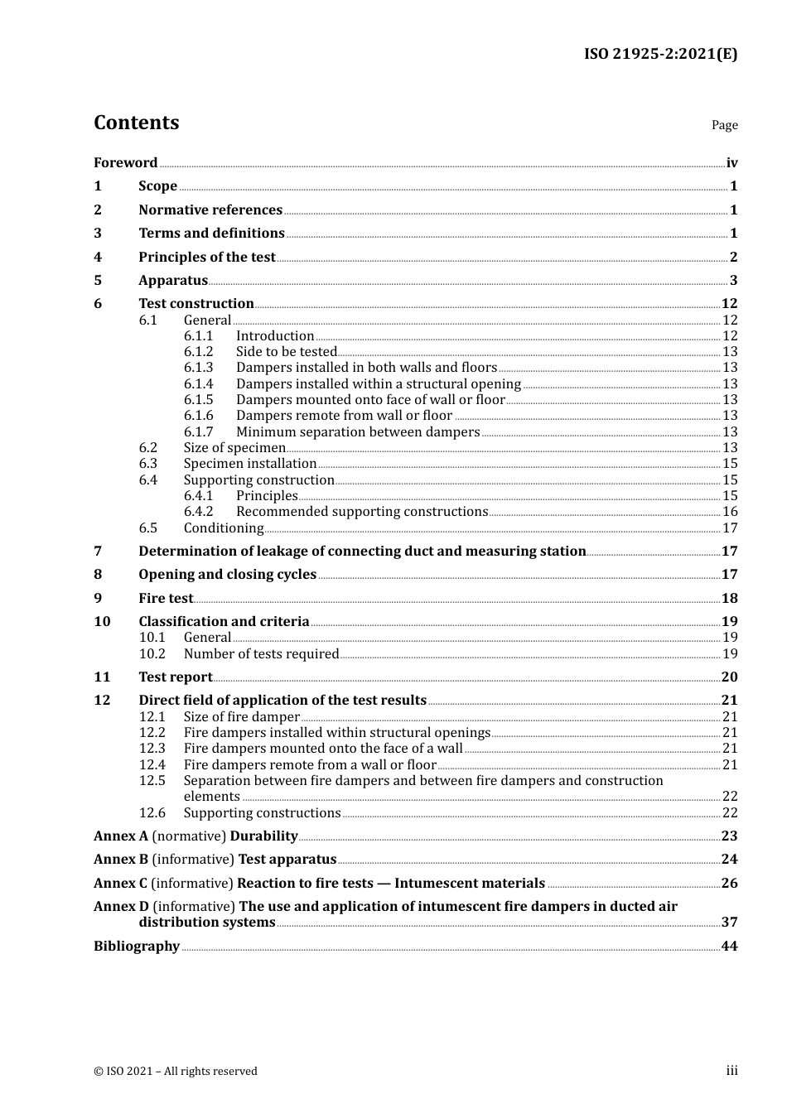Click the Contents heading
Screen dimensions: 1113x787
pyautogui.click(x=136, y=123)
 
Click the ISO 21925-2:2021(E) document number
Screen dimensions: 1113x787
pyautogui.click(x=660, y=55)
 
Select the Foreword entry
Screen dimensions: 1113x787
pyautogui.click(x=125, y=163)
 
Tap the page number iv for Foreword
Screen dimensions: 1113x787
pyautogui.click(x=731, y=163)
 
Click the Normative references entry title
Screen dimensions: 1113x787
pyautogui.click(x=210, y=210)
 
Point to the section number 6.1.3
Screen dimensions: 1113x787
pyautogui.click(x=198, y=368)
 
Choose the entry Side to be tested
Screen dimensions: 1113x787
pyautogui.click(x=286, y=352)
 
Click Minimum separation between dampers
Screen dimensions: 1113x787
pyautogui.click(x=358, y=432)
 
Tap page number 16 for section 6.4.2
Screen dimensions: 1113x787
pyautogui.click(x=730, y=512)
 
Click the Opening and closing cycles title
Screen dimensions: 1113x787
pyautogui.click(x=227, y=575)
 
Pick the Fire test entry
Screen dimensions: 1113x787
pyautogui.click(x=166, y=599)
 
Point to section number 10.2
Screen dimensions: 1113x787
pyautogui.click(x=152, y=654)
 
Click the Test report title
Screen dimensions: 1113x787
pyautogui.click(x=175, y=677)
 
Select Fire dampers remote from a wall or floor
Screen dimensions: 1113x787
pyautogui.click(x=310, y=765)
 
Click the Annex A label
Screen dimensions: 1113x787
pyautogui.click(x=121, y=836)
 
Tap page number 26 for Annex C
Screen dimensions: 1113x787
pyautogui.click(x=729, y=884)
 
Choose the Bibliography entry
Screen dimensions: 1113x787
pyautogui.click(x=137, y=947)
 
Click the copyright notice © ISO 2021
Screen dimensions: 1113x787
pyautogui.click(x=176, y=1072)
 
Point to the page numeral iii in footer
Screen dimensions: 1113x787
pyautogui.click(x=731, y=1071)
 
